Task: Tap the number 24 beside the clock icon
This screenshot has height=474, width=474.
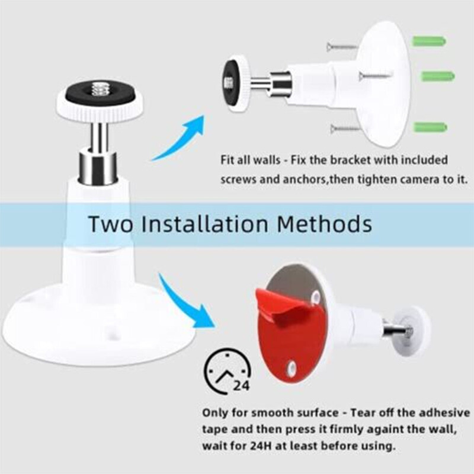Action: click(x=240, y=386)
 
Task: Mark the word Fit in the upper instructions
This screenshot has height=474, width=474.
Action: click(x=228, y=161)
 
